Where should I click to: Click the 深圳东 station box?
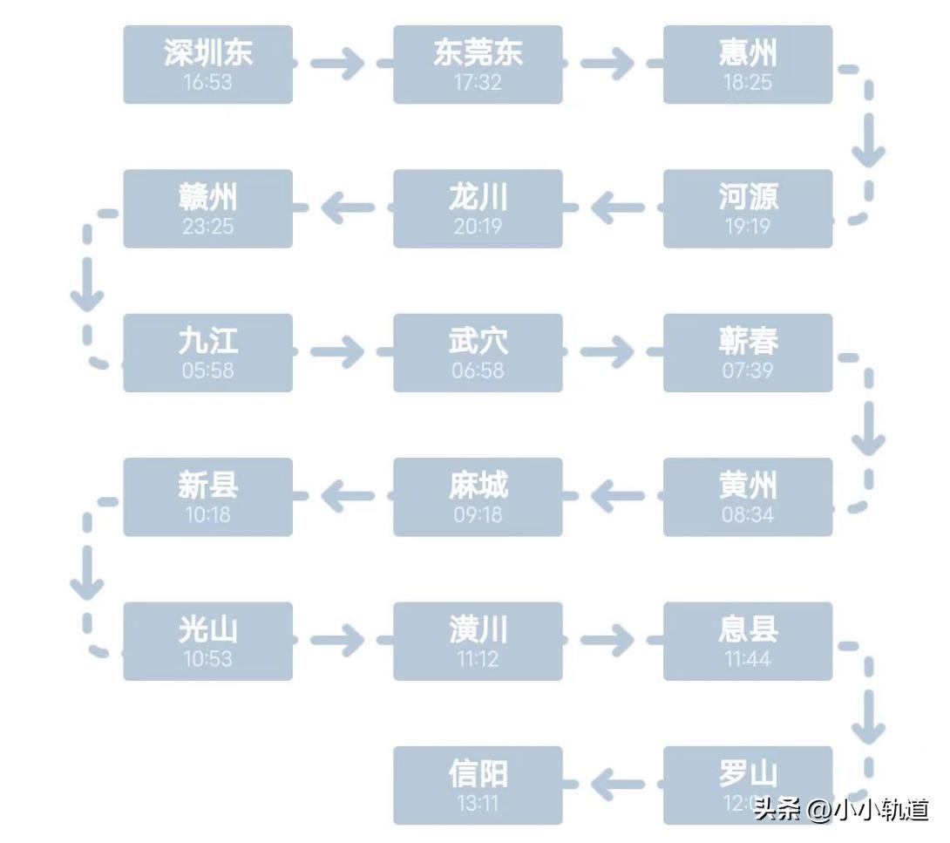click(207, 65)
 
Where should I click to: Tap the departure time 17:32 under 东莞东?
click(478, 83)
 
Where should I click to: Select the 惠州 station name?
click(748, 53)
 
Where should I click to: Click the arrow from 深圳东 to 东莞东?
click(338, 64)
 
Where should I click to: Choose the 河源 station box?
click(748, 208)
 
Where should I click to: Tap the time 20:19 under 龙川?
click(478, 227)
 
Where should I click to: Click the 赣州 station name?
click(207, 197)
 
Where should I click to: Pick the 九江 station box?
click(207, 352)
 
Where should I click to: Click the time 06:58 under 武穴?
click(478, 371)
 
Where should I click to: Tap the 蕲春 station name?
click(748, 341)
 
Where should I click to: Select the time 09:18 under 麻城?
click(478, 514)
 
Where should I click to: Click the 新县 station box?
click(207, 496)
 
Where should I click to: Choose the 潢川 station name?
click(478, 629)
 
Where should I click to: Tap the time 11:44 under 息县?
click(748, 659)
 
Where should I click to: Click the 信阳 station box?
click(478, 785)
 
